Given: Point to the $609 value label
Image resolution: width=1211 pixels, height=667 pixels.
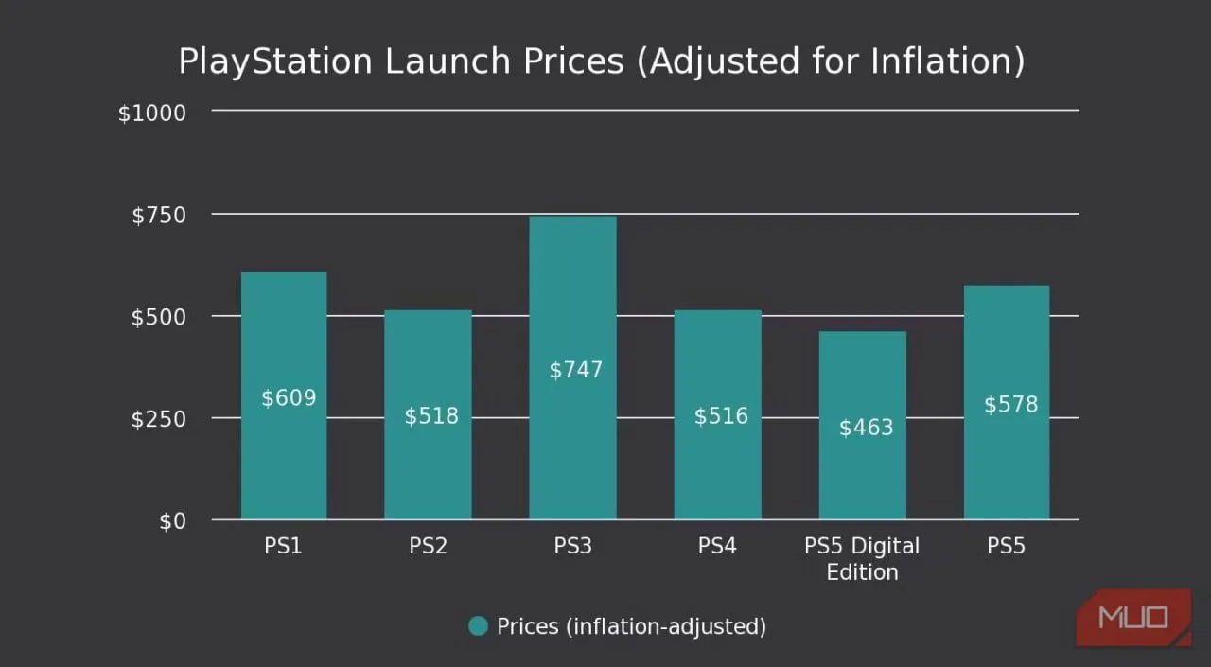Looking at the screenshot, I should click(289, 397).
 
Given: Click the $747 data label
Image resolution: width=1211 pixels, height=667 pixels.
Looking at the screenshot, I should click(575, 369).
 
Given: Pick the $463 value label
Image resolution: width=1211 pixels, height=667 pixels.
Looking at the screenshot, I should click(866, 428).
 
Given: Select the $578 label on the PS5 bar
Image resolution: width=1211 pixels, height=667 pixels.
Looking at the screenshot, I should click(1010, 405).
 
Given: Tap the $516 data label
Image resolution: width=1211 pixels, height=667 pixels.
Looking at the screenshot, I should click(721, 416).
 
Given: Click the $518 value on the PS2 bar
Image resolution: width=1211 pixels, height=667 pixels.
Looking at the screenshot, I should click(431, 416).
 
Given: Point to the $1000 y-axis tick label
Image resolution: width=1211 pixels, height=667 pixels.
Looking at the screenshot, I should click(151, 113).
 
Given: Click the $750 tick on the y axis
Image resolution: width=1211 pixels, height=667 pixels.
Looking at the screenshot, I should click(158, 216).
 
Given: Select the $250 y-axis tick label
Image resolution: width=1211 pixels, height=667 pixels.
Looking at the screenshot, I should click(158, 419).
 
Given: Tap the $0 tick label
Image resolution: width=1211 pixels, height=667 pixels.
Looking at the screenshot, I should click(172, 521).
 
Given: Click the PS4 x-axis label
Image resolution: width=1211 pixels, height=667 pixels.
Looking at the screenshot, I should click(717, 546).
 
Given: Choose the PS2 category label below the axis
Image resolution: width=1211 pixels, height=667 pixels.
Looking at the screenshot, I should click(428, 546).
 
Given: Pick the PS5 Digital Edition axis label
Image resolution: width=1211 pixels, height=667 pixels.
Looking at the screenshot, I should click(862, 559).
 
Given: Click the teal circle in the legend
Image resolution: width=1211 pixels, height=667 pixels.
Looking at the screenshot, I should click(479, 626).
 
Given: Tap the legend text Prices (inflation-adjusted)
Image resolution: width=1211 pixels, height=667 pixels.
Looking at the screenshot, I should click(631, 626).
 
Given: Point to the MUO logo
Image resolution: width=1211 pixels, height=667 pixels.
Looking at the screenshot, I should click(1133, 619).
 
